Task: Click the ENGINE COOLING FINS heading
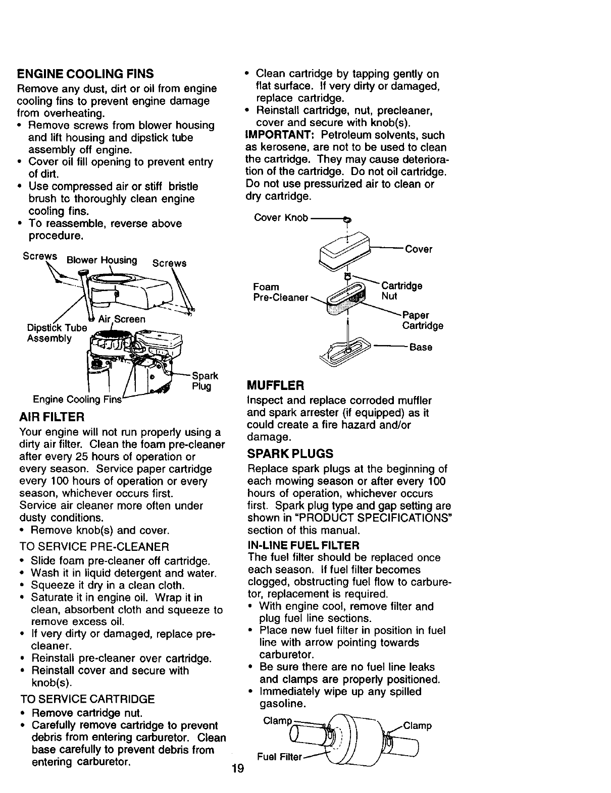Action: (85, 74)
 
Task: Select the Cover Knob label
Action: (281, 218)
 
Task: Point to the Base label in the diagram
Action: (421, 347)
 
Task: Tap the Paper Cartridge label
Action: (422, 320)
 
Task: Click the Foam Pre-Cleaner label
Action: (280, 292)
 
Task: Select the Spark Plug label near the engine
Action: (205, 381)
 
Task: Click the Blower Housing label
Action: (101, 260)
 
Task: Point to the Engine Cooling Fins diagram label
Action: (77, 400)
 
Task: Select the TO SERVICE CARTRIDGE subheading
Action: (87, 699)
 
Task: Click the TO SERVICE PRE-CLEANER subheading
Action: (93, 547)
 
